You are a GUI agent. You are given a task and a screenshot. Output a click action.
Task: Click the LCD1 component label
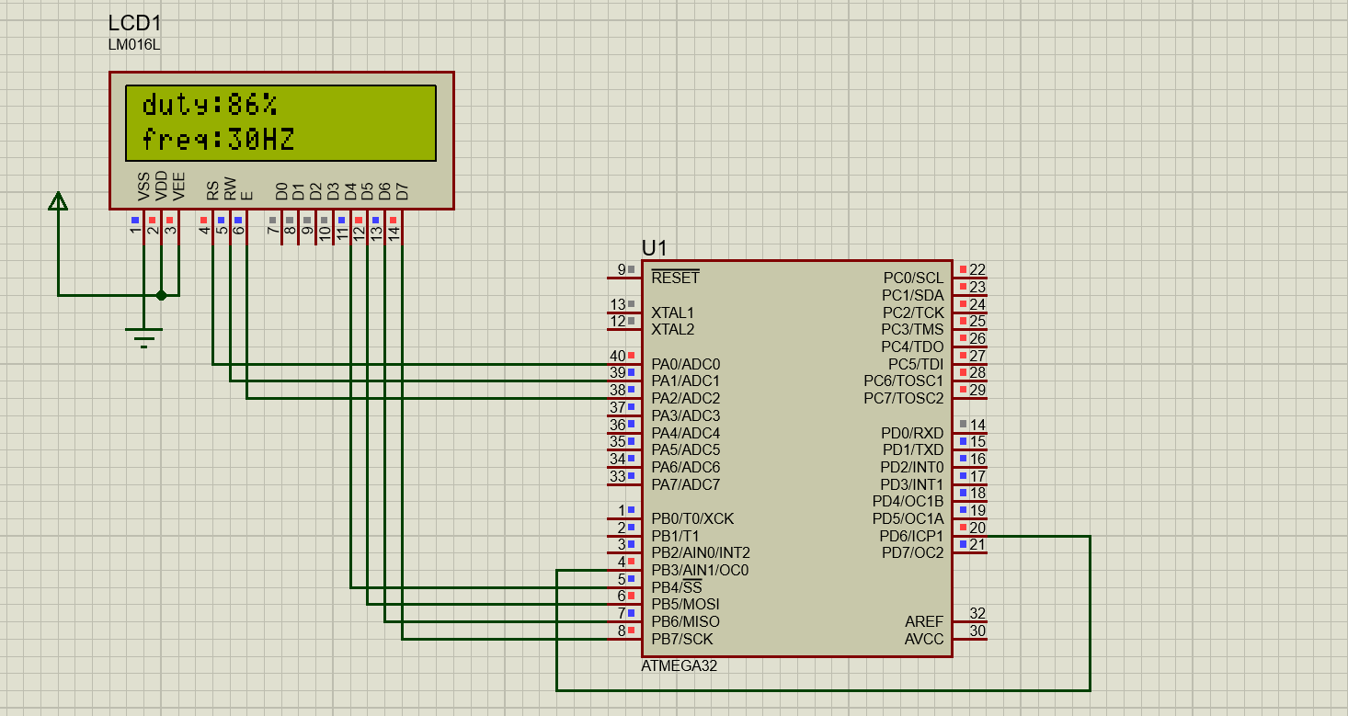pyautogui.click(x=134, y=24)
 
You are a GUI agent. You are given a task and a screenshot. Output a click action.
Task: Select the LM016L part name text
pyautogui.click(x=133, y=45)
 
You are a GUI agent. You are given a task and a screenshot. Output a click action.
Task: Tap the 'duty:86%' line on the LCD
pyautogui.click(x=210, y=105)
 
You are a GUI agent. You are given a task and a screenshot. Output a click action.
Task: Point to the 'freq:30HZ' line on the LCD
pyautogui.click(x=218, y=140)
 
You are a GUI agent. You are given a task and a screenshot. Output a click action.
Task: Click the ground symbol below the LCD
pyautogui.click(x=144, y=337)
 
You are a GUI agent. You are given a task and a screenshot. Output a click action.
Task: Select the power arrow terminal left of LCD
pyautogui.click(x=58, y=200)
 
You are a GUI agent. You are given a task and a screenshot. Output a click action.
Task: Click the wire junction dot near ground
pyautogui.click(x=162, y=295)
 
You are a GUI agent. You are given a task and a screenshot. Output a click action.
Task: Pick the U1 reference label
pyautogui.click(x=655, y=248)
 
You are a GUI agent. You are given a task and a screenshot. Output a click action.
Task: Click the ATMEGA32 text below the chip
pyautogui.click(x=679, y=666)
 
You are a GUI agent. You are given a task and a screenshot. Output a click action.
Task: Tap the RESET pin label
pyautogui.click(x=675, y=278)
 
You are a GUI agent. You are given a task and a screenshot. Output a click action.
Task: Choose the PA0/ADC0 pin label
pyautogui.click(x=685, y=364)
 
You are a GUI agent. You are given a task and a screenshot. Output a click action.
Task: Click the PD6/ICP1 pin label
pyautogui.click(x=911, y=536)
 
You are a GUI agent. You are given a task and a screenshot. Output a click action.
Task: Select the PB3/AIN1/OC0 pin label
pyautogui.click(x=700, y=570)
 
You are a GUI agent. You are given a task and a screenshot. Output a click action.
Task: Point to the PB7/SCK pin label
pyautogui.click(x=681, y=639)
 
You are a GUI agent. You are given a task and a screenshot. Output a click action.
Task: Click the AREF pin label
pyautogui.click(x=924, y=621)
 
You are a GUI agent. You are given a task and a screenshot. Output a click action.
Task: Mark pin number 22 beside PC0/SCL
pyautogui.click(x=977, y=269)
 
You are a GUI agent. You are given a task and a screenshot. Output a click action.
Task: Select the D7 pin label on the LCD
pyautogui.click(x=402, y=191)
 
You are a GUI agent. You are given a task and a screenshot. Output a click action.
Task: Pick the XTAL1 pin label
pyautogui.click(x=673, y=313)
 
